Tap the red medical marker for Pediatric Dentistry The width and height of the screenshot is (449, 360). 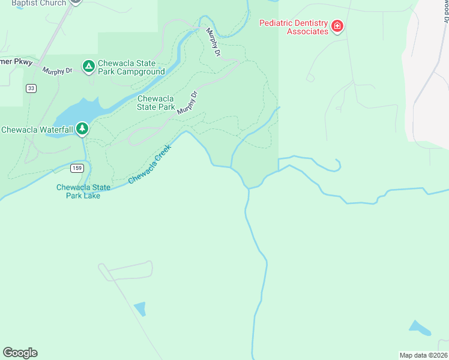(x=337, y=26)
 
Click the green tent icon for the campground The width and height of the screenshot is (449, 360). (x=88, y=65)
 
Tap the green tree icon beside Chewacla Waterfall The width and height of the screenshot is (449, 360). (x=82, y=128)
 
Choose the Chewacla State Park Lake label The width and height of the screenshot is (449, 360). (x=83, y=191)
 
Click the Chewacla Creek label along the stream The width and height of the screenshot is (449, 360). (x=149, y=164)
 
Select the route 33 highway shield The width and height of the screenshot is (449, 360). (x=31, y=88)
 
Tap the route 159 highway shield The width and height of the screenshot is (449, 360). (x=76, y=168)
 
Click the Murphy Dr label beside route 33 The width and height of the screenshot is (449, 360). (x=57, y=70)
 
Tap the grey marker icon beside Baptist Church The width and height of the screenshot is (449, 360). (x=75, y=2)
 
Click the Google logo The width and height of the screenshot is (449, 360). (x=20, y=353)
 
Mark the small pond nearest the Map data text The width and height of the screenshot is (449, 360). (x=419, y=328)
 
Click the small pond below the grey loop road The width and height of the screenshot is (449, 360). (x=140, y=309)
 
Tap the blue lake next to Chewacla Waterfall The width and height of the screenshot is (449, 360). (x=78, y=113)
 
